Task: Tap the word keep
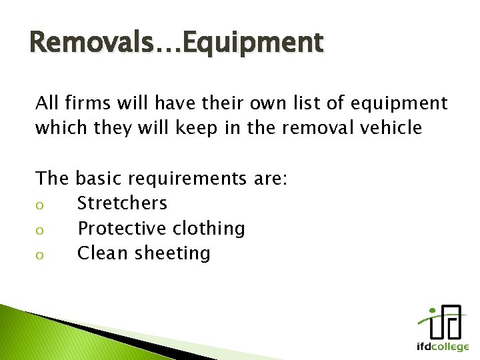point(198,128)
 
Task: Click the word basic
point(96,178)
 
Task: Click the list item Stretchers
point(122,203)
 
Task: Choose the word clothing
point(209,229)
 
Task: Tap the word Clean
point(104,253)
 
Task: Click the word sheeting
point(173,253)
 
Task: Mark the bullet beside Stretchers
point(39,204)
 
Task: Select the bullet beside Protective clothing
point(39,229)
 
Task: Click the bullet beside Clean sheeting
point(39,254)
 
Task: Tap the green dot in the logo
point(431,311)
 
